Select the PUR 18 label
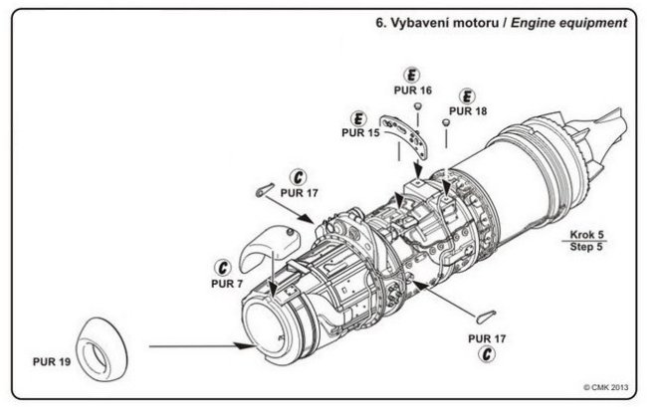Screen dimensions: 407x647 pyautogui.click(x=469, y=111)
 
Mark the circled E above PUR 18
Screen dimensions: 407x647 pyautogui.click(x=463, y=98)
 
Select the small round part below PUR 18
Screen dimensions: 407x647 pyautogui.click(x=447, y=122)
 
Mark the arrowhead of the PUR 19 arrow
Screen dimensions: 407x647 pyautogui.click(x=242, y=345)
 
